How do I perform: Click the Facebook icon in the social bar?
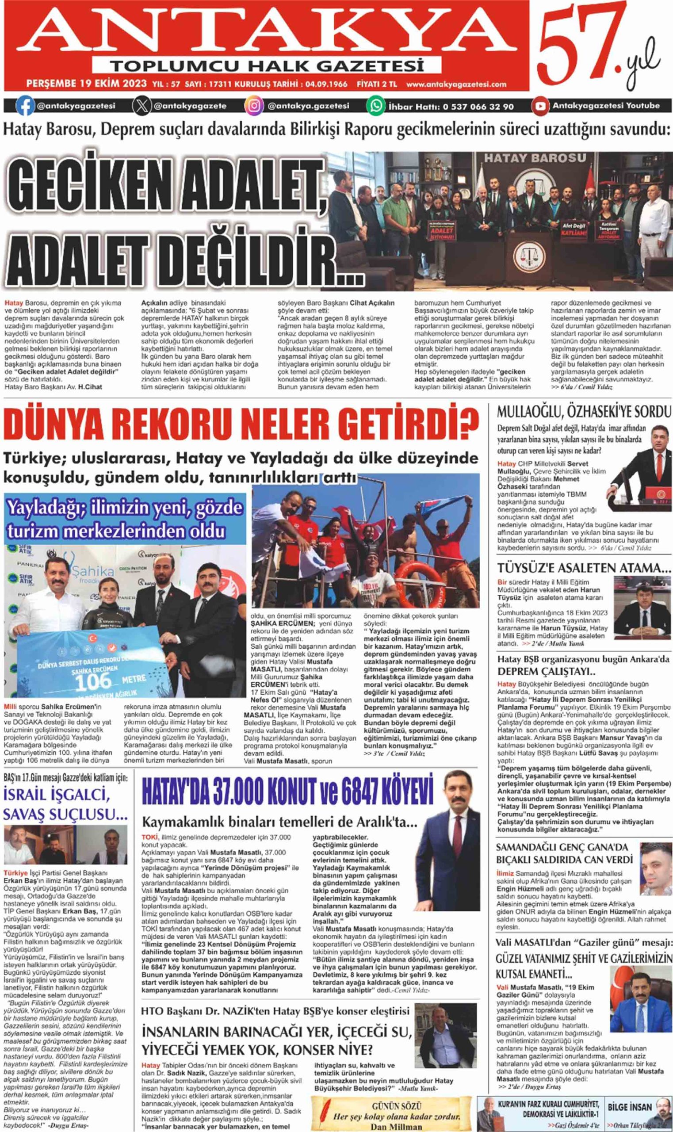pos(25,106)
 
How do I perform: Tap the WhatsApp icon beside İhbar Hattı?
pos(375,106)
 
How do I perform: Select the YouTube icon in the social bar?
pos(540,106)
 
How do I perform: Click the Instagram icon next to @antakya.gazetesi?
pos(254,106)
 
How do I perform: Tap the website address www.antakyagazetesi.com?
pos(456,84)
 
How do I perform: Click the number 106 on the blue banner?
pos(92,681)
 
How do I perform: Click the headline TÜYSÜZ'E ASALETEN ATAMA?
pos(584,568)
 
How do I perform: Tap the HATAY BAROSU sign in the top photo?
pos(535,158)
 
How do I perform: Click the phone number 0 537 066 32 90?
pos(478,107)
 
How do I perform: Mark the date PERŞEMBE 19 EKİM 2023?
pos(86,84)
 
